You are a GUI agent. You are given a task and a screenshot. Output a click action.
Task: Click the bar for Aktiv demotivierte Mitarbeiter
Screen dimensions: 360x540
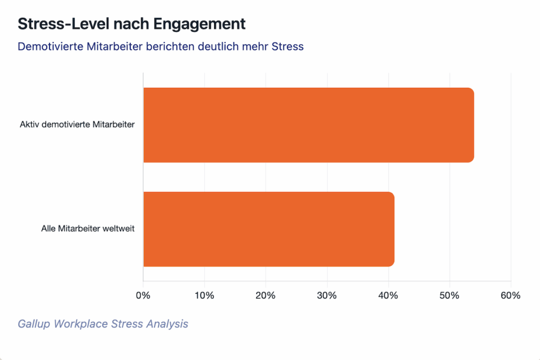click(308, 125)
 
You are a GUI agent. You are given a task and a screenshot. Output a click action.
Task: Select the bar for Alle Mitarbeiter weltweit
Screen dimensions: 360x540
click(269, 229)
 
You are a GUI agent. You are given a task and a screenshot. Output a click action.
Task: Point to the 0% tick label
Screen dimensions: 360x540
click(143, 296)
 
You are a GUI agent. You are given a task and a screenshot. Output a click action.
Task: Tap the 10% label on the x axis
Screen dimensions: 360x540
click(204, 296)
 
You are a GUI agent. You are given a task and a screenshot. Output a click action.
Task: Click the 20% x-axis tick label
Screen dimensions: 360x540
click(265, 296)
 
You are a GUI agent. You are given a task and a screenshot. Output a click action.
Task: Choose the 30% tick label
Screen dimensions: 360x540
click(327, 296)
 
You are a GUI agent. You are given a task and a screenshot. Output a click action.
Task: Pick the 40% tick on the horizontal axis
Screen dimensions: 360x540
click(388, 296)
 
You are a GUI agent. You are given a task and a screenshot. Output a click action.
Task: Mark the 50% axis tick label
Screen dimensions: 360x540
click(449, 296)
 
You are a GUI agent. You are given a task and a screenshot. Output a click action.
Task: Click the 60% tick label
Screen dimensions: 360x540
click(510, 296)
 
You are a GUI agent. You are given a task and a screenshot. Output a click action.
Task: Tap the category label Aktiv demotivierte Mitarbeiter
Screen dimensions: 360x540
click(78, 125)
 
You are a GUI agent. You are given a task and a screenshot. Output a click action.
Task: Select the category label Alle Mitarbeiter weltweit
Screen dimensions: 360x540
click(88, 229)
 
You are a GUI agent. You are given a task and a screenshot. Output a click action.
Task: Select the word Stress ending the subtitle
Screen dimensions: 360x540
click(287, 46)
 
